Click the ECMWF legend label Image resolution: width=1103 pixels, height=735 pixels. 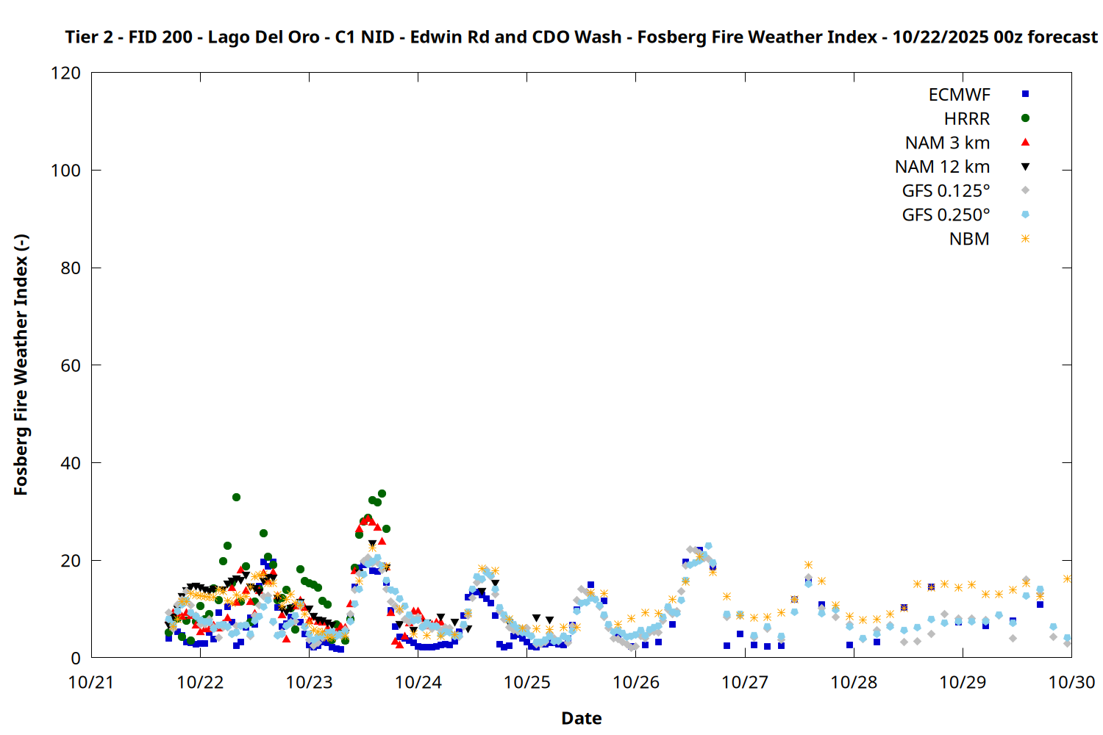coord(959,95)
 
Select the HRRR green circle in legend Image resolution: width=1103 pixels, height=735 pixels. coord(1025,118)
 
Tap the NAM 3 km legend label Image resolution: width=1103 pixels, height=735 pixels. coord(947,143)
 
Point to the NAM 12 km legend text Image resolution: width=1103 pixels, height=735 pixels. coord(942,167)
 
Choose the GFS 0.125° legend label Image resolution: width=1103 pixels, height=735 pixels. coord(946,191)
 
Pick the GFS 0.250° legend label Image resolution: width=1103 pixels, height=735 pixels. coord(946,215)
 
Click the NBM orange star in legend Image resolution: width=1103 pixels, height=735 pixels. coord(1025,239)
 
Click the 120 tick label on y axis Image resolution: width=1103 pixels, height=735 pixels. coord(66,73)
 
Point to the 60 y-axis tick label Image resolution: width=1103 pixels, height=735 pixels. coord(71,365)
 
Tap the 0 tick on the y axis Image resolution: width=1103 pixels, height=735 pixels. coord(76,658)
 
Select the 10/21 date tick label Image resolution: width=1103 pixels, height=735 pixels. coord(91,682)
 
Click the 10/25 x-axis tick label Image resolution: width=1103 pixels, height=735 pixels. coord(526,682)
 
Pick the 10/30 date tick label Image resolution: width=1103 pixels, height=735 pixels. coord(1071,682)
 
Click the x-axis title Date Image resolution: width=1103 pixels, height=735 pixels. coord(581,718)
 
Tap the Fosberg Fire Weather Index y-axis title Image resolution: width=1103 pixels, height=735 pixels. coord(21,365)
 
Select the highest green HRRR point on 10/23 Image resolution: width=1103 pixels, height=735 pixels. coord(382,493)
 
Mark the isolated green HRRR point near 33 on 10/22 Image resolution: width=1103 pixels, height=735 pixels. coord(236,498)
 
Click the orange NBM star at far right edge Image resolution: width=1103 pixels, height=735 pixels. coord(1068,579)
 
